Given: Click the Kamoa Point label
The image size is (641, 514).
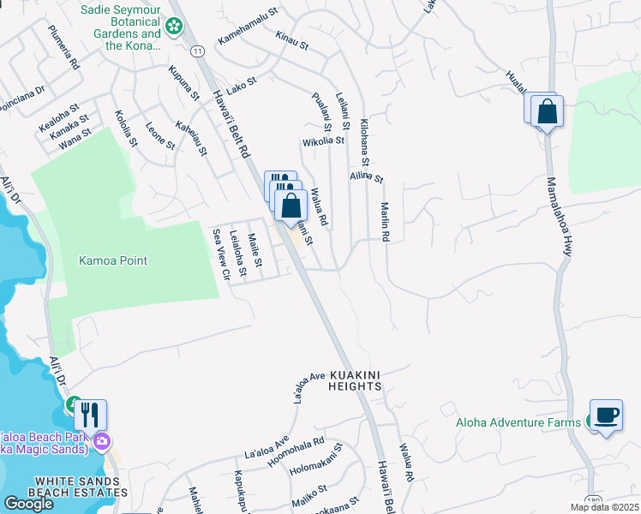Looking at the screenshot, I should tap(113, 260).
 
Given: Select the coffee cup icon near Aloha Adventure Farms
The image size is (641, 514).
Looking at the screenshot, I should tap(607, 415).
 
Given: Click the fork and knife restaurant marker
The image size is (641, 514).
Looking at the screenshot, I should tap(90, 415).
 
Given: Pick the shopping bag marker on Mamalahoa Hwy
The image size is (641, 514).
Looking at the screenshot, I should tap(546, 111).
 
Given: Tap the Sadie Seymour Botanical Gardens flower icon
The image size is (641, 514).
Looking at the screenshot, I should tap(175, 27).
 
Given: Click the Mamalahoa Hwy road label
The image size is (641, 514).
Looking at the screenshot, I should tap(560, 218).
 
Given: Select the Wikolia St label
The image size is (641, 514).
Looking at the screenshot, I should tap(322, 140).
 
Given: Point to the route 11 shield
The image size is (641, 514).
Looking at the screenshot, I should tap(198, 51).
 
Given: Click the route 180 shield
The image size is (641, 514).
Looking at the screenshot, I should tap(593, 499).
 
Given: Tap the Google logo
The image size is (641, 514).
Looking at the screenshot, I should tap(28, 504).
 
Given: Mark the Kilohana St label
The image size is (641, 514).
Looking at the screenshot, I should tap(364, 142).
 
